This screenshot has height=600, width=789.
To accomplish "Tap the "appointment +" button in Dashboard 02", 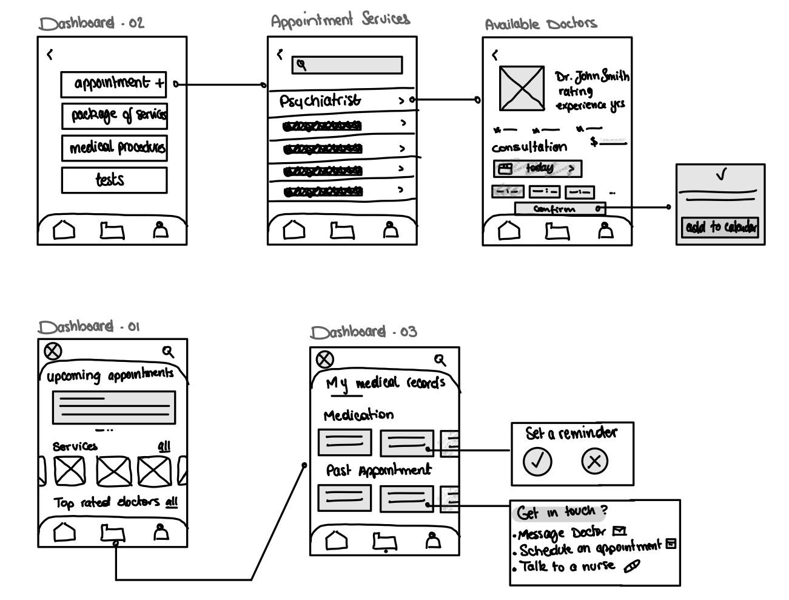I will tap(113, 84).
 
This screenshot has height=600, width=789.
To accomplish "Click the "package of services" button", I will tap(114, 115).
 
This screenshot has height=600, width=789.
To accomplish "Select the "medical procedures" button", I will tap(114, 148).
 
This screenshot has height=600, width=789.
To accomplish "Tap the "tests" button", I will tap(114, 180).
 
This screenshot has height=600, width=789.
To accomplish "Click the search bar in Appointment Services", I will tap(347, 65).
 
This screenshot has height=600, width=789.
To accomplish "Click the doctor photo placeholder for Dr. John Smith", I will tap(522, 89).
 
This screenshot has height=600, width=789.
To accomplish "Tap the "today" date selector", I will tap(537, 168).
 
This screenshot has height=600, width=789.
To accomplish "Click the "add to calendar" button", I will tap(720, 227).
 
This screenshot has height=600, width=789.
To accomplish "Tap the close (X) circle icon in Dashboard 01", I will tap(53, 351).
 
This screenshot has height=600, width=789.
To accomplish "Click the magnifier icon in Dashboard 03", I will tap(440, 360).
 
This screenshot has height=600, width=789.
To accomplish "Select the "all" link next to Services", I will tap(164, 446).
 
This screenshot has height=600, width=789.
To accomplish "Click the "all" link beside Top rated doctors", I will tap(172, 502).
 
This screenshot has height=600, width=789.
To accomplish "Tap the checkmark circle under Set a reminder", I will tap(537, 461).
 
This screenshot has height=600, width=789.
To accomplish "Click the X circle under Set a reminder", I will tap(594, 461).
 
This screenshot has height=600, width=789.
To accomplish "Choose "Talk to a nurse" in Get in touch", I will tap(567, 567).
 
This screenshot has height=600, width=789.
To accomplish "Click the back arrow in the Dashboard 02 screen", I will tap(50, 55).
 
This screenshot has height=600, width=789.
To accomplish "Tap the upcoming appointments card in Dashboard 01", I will tap(114, 407).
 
